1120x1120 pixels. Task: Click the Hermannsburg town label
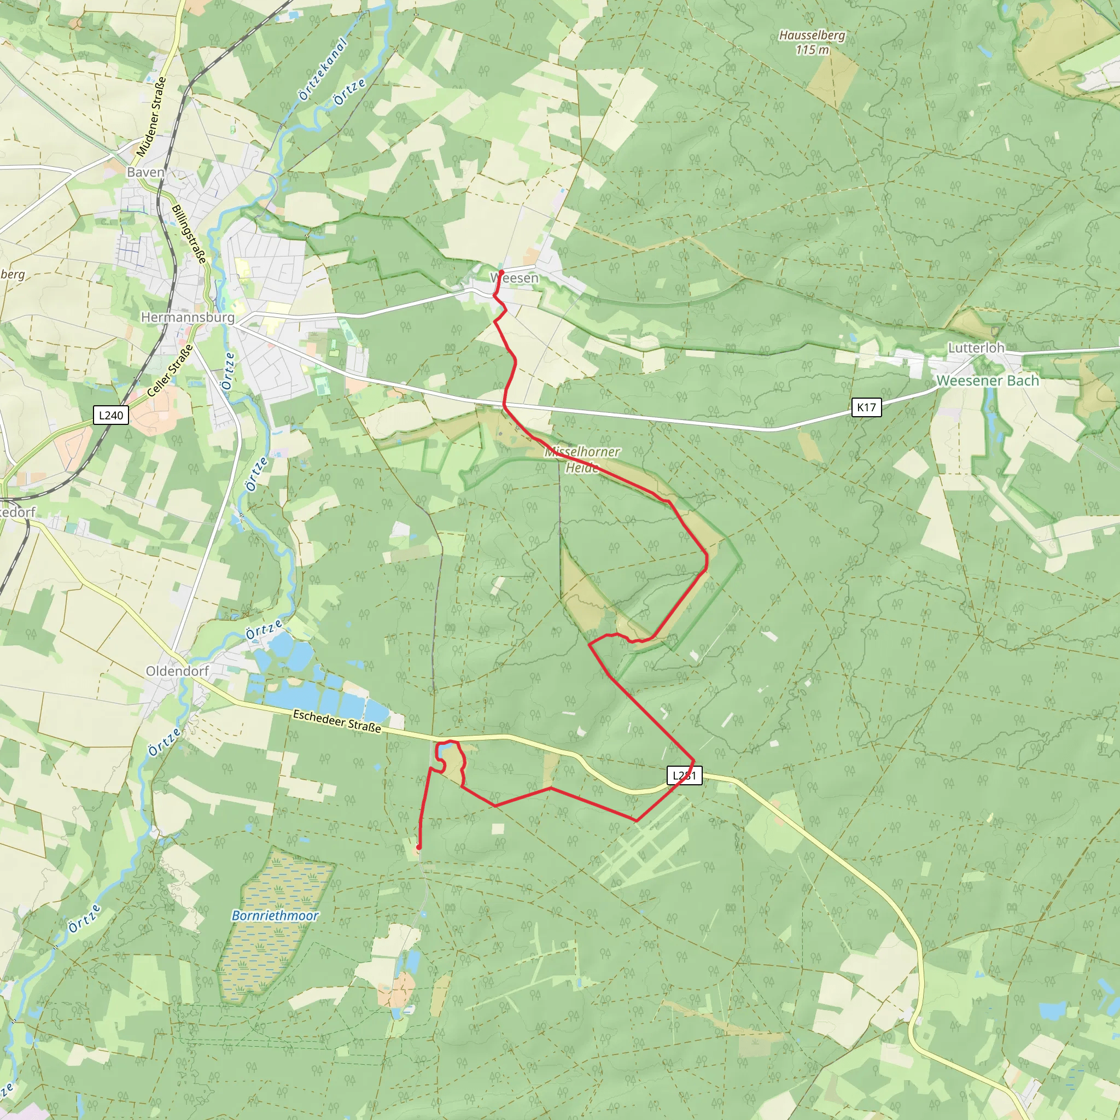tap(188, 317)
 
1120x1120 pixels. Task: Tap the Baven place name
tap(145, 172)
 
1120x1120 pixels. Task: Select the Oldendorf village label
tap(177, 670)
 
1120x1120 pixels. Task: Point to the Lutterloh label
tap(976, 348)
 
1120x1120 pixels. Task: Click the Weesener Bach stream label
tap(988, 380)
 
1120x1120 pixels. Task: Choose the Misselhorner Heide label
tap(582, 459)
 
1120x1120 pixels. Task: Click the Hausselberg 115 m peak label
tap(812, 42)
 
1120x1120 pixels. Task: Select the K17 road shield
tap(867, 407)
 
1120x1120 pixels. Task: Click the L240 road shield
tap(110, 415)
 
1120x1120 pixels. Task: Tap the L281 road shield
tap(685, 775)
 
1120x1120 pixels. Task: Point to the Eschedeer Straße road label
tap(337, 721)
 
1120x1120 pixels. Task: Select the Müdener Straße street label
tap(151, 116)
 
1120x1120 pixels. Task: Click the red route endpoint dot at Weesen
tap(501, 272)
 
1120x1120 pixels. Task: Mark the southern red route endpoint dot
tap(418, 847)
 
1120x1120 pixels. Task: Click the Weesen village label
tap(515, 278)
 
